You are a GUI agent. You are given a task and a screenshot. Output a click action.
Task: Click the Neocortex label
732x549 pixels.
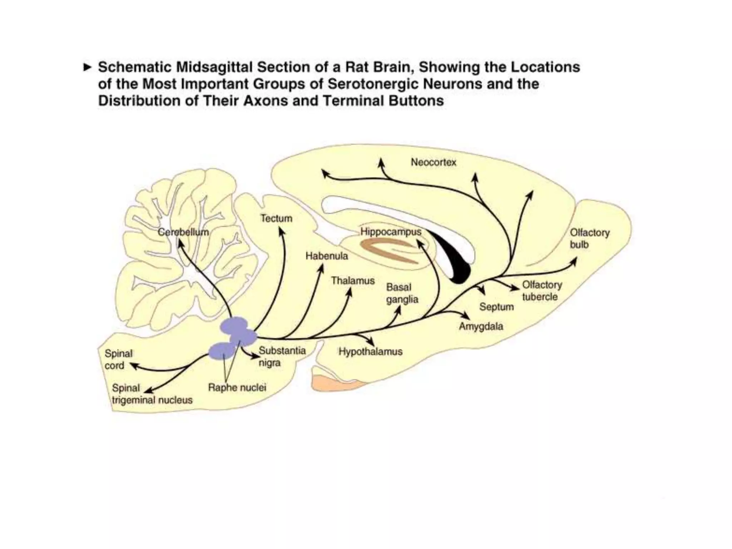pyautogui.click(x=433, y=163)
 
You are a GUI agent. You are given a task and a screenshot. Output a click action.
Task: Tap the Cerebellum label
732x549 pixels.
pyautogui.click(x=183, y=232)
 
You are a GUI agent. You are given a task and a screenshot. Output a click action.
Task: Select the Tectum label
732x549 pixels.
pyautogui.click(x=276, y=218)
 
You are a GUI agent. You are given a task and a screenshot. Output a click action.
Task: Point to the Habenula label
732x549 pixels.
pyautogui.click(x=326, y=256)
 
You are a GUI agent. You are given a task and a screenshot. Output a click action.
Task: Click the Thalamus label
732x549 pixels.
pyautogui.click(x=352, y=281)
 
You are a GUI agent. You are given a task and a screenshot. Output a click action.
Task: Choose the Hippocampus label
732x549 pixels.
pyautogui.click(x=391, y=232)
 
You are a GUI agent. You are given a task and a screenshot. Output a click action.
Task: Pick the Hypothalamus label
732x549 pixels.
pyautogui.click(x=370, y=352)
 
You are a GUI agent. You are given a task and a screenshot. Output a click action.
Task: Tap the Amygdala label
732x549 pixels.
pyautogui.click(x=481, y=326)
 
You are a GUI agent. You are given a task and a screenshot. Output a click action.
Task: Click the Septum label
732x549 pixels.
pyautogui.click(x=496, y=307)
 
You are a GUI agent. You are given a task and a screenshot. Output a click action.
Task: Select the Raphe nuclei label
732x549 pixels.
pyautogui.click(x=237, y=388)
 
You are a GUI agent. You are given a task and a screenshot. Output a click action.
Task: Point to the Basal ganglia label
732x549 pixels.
pyautogui.click(x=402, y=293)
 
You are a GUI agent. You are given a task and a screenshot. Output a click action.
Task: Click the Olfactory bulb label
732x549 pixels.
pyautogui.click(x=589, y=238)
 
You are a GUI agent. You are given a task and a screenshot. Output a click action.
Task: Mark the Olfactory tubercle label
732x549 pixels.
pyautogui.click(x=541, y=291)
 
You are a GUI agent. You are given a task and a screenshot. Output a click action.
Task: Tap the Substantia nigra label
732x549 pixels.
pyautogui.click(x=282, y=356)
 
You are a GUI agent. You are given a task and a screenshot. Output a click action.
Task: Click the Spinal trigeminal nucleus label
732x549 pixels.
pyautogui.click(x=152, y=394)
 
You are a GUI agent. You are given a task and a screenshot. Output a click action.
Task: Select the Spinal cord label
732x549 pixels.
pyautogui.click(x=118, y=360)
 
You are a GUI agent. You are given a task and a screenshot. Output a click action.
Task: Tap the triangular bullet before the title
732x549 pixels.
pyautogui.click(x=87, y=67)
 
